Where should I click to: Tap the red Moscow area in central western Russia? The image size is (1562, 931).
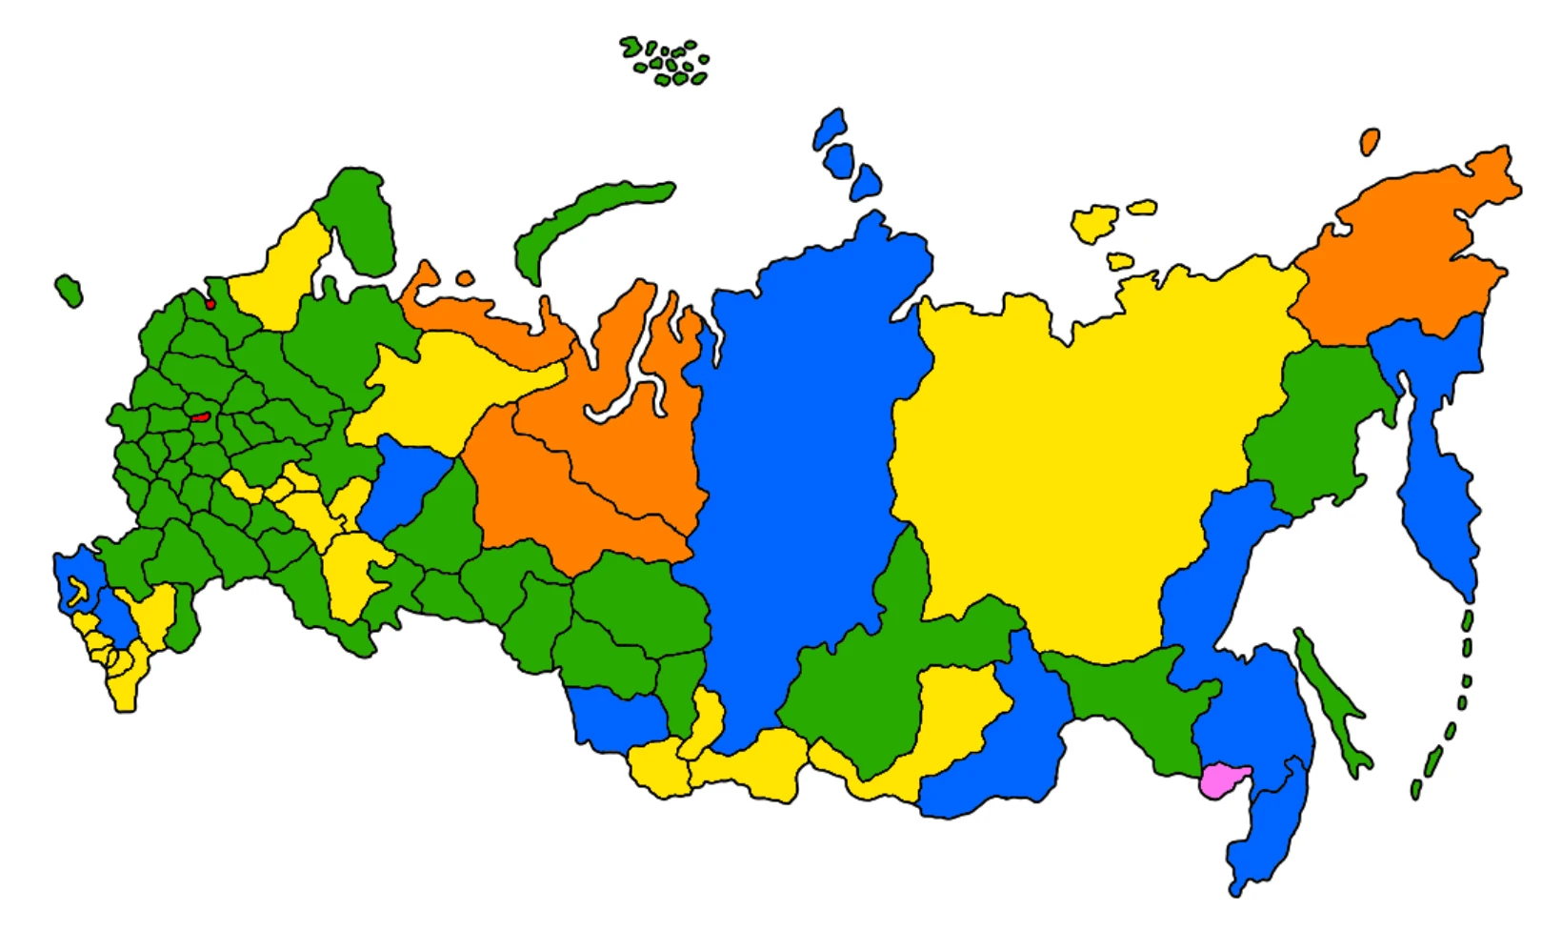200,416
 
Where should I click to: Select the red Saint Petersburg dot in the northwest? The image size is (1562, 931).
210,304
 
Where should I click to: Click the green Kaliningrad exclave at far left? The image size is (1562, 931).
69,290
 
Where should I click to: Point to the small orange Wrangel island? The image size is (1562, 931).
1370,142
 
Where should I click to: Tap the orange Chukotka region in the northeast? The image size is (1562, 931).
1400,257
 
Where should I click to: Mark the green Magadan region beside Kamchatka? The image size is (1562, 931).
1314,429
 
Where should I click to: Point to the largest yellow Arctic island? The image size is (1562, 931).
1095,223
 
